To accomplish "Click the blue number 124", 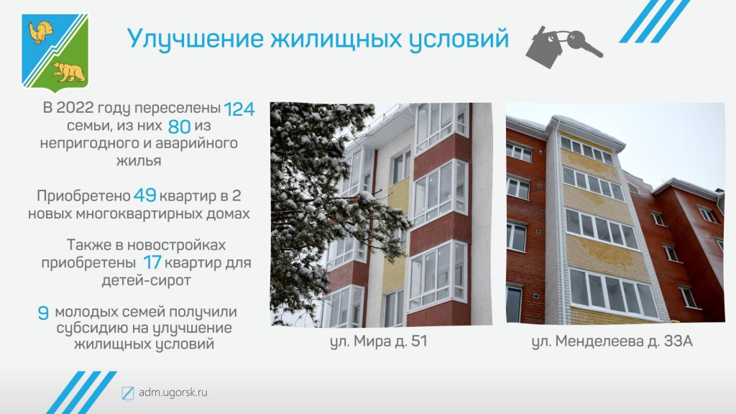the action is pyautogui.click(x=239, y=109).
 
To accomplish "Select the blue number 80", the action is pyautogui.click(x=179, y=126).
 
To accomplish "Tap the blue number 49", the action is pyautogui.click(x=144, y=195).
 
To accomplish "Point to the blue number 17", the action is pyautogui.click(x=152, y=263).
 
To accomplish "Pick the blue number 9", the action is pyautogui.click(x=43, y=313).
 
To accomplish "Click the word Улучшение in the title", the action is pyautogui.click(x=195, y=39).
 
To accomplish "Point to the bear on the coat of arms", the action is pyautogui.click(x=69, y=71).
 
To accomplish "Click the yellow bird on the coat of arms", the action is pyautogui.click(x=40, y=32).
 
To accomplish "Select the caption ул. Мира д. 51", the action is pyautogui.click(x=379, y=341).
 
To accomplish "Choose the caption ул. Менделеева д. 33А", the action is pyautogui.click(x=612, y=341).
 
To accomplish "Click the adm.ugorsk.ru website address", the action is pyautogui.click(x=172, y=392).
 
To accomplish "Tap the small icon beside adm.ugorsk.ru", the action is pyautogui.click(x=128, y=393).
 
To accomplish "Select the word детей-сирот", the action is pyautogui.click(x=146, y=281).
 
